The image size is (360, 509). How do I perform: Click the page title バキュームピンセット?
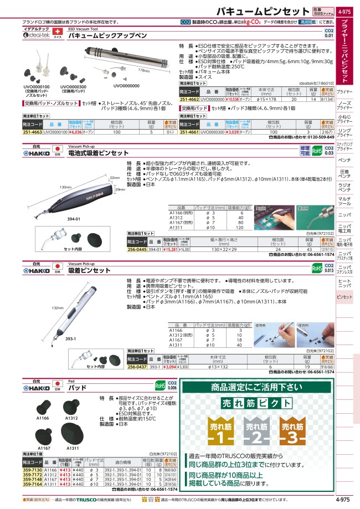click(263, 11)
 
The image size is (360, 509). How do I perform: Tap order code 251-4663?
click(32, 133)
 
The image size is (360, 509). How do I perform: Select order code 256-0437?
click(137, 366)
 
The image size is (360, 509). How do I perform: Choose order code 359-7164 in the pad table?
click(32, 484)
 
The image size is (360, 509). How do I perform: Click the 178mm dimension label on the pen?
click(143, 71)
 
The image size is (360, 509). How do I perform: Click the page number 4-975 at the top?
click(344, 11)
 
